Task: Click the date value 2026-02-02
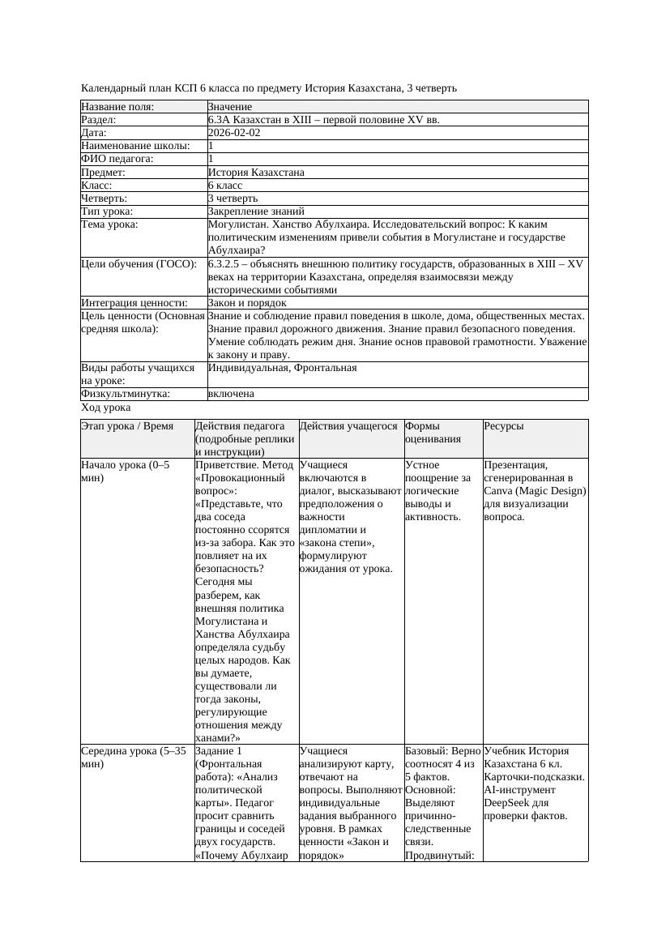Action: (234, 133)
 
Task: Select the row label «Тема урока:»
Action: (109, 224)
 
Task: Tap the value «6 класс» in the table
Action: (225, 186)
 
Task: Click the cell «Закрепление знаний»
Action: (249, 211)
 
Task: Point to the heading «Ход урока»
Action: (105, 408)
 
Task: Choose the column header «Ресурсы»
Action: (504, 426)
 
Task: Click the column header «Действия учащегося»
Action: (348, 426)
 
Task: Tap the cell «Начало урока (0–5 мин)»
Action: (126, 472)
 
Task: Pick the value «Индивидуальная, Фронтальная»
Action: (282, 368)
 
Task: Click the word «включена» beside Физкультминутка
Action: (231, 394)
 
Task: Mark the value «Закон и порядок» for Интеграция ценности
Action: (247, 303)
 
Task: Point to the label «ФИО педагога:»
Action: (117, 159)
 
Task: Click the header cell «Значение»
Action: (230, 107)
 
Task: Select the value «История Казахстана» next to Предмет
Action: (256, 173)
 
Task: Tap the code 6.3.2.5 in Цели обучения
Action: (227, 264)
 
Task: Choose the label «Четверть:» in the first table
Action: (105, 199)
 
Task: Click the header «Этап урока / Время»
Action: (127, 426)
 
